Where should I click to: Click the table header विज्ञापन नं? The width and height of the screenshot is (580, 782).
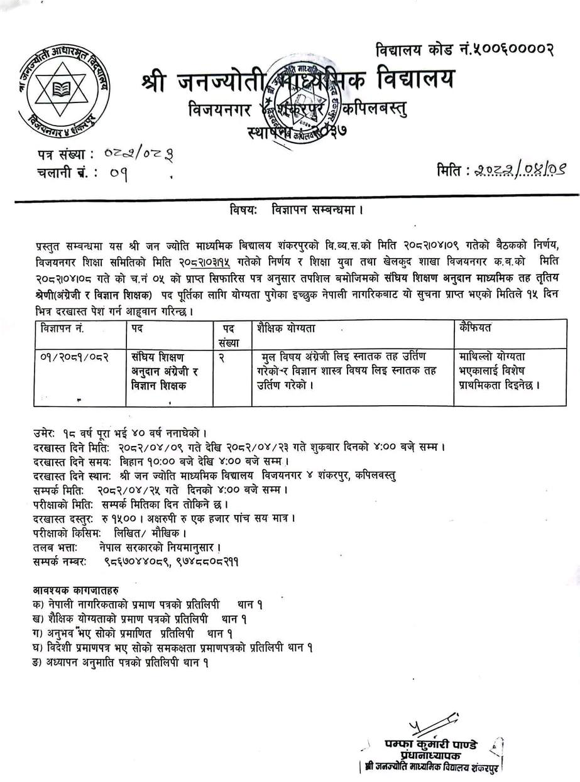62,328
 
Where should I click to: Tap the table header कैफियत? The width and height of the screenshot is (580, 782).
476,328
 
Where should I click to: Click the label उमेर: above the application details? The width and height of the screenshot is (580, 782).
46,433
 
